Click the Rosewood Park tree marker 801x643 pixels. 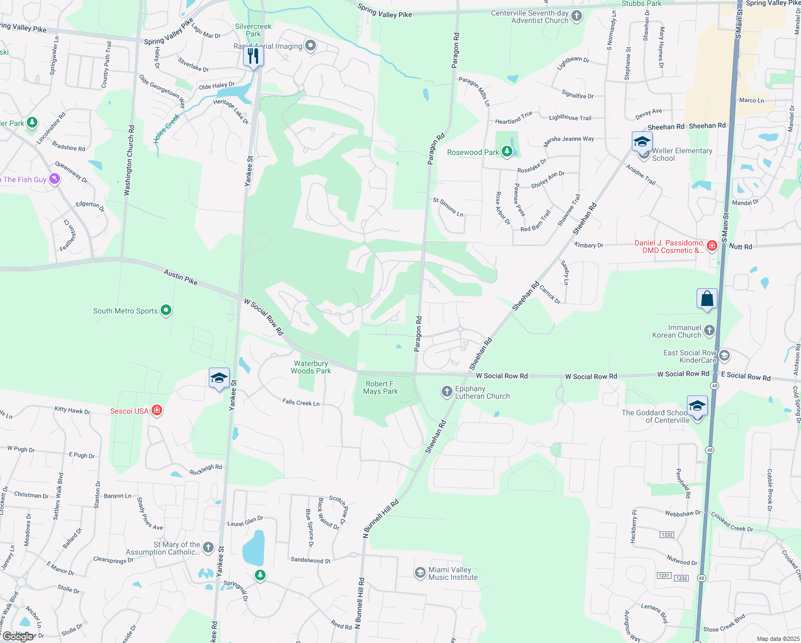point(507,152)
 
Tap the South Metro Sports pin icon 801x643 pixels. point(166,310)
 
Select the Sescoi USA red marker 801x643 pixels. point(157,410)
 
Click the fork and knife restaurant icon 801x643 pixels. point(253,56)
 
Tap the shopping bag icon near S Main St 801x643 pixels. point(707,299)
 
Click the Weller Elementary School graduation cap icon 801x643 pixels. point(641,143)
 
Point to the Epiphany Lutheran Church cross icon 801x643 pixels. point(447,392)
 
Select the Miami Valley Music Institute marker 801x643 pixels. point(420,573)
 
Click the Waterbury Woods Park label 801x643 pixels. point(311,367)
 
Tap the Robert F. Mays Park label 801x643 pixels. point(380,387)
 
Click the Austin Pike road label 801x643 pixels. point(180,277)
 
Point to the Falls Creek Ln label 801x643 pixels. point(301,402)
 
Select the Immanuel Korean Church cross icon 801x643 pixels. point(709,330)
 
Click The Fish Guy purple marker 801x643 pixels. point(55,179)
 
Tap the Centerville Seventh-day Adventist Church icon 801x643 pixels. point(577,16)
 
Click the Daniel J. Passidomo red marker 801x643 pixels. point(712,246)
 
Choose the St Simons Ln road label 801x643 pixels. point(448,207)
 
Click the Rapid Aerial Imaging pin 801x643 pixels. point(311,46)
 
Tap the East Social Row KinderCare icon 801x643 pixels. point(724,355)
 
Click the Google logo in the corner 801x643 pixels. point(19,637)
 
